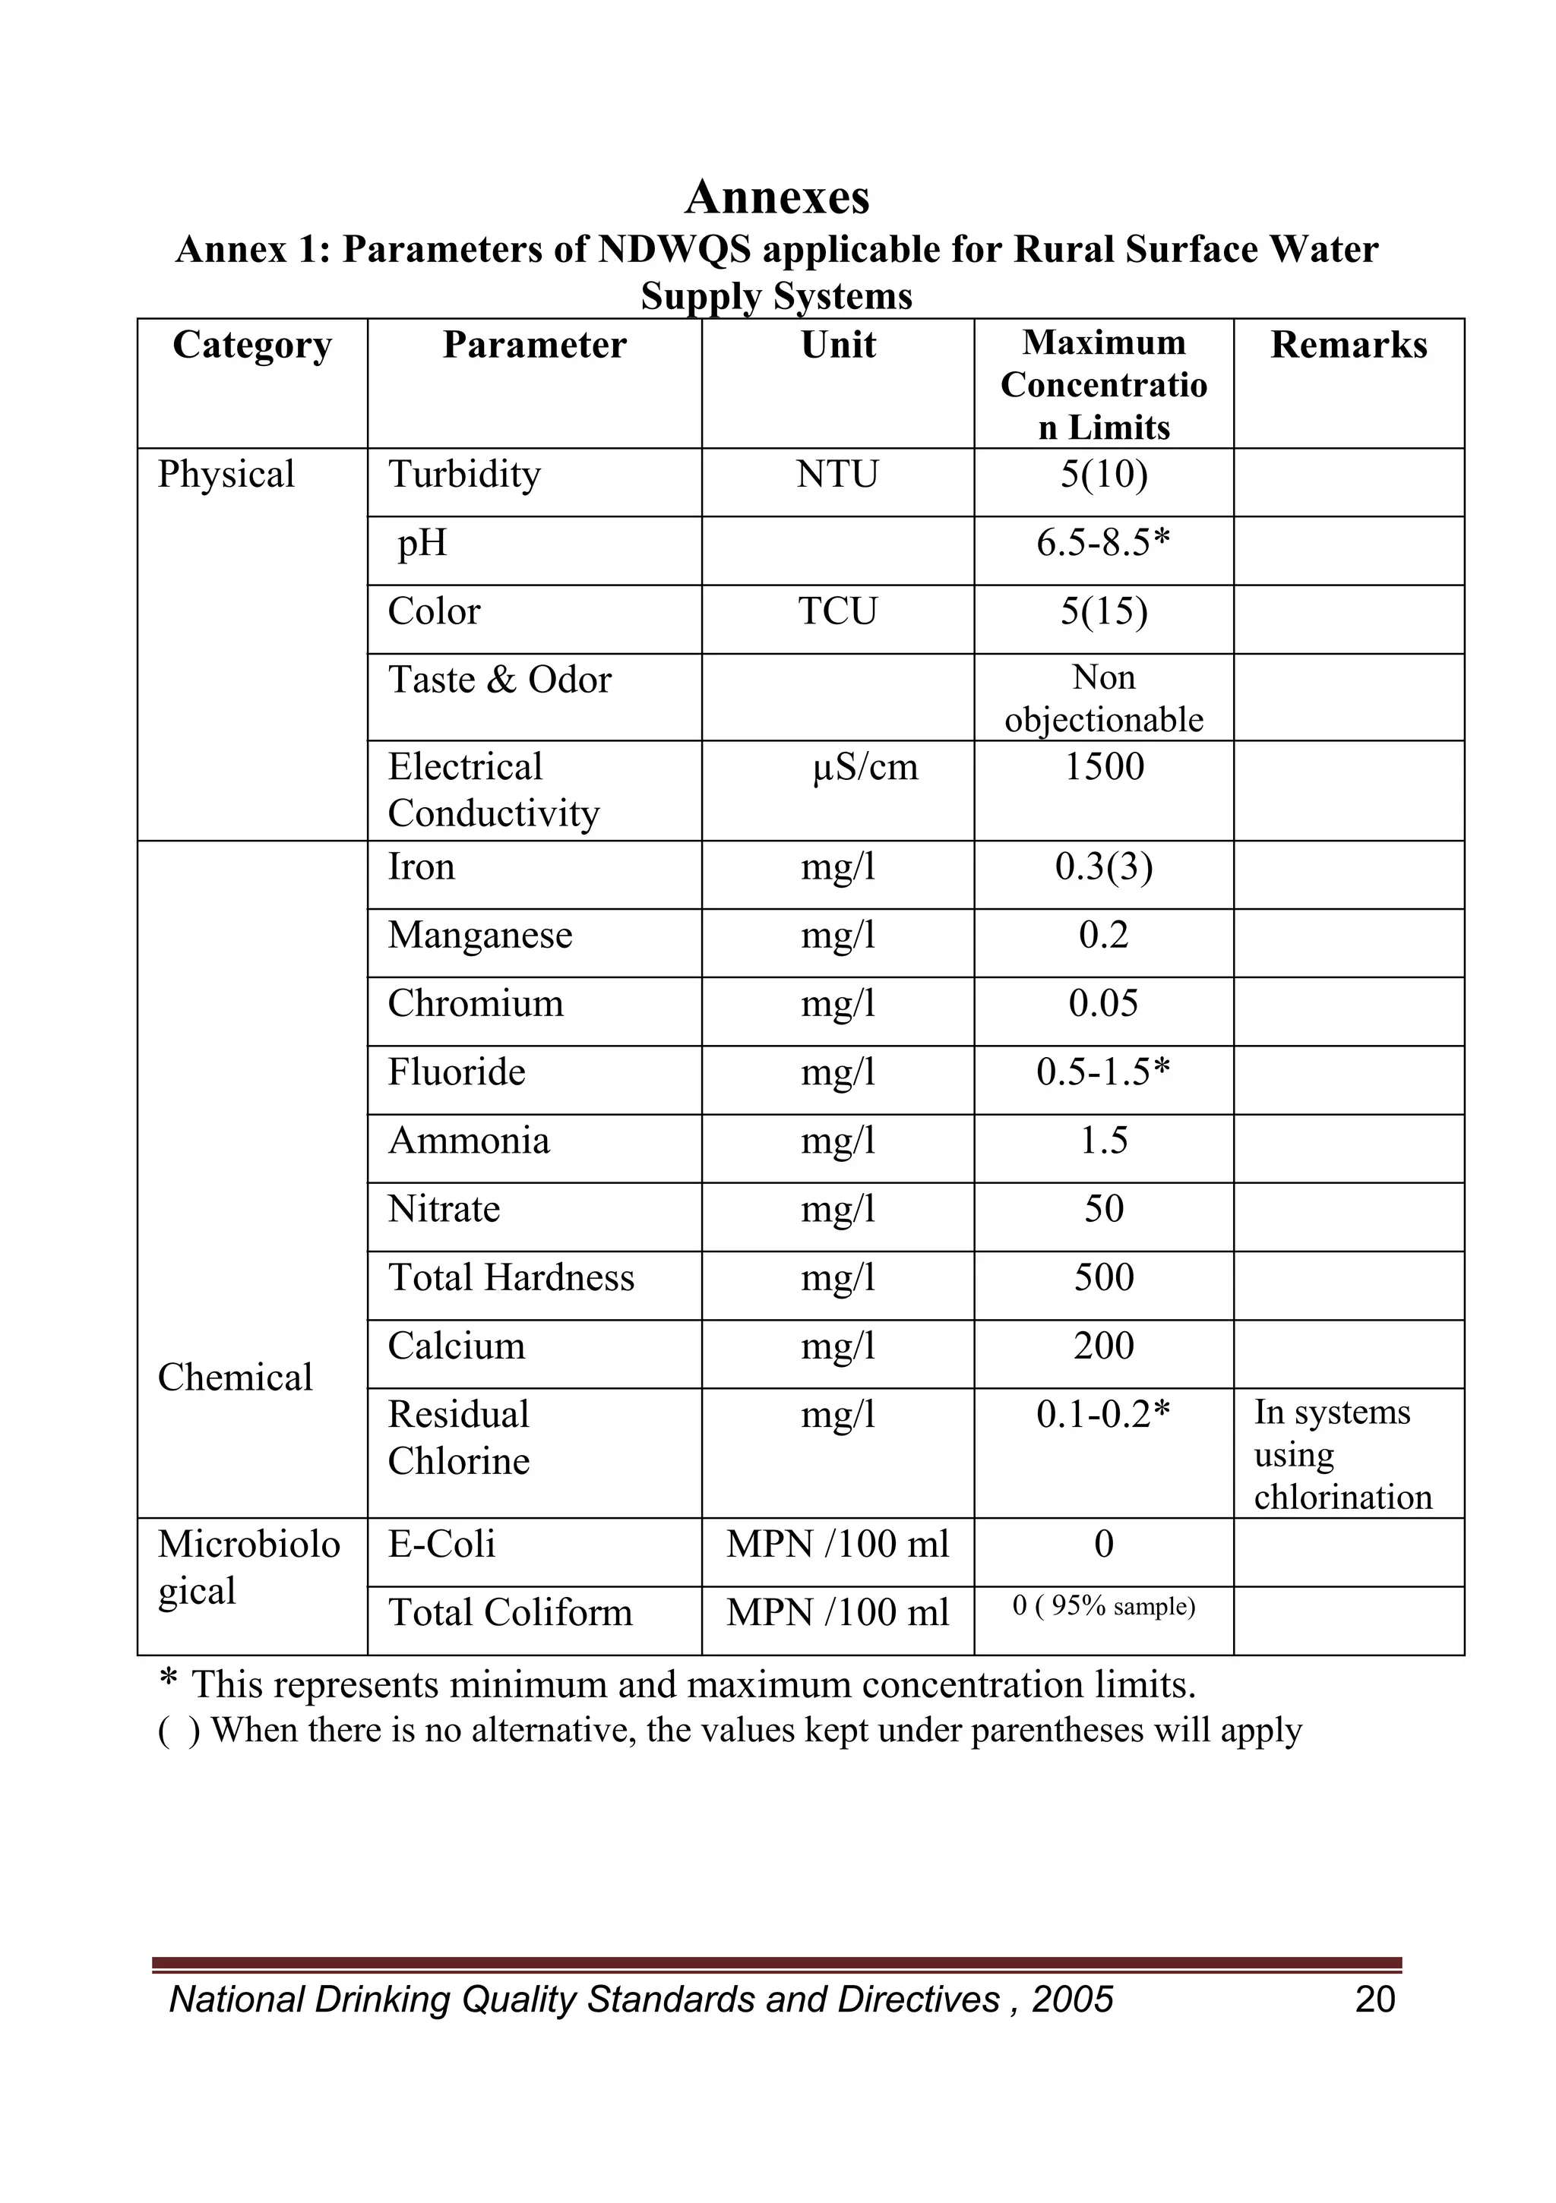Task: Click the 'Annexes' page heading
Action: point(776,197)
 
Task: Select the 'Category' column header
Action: point(252,345)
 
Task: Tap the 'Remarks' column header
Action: point(1349,345)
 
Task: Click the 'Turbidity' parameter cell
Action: point(463,474)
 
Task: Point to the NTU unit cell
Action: point(837,474)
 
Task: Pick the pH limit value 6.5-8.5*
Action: point(1103,543)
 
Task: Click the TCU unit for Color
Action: point(837,611)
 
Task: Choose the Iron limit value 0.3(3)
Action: point(1104,866)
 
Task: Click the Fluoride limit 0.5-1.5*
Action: point(1103,1072)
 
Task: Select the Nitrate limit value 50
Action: point(1104,1209)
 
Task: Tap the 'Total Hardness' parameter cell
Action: point(511,1278)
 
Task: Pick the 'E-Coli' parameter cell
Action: point(441,1544)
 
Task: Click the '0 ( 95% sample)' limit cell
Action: point(1104,1606)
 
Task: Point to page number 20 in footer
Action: point(1374,1999)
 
